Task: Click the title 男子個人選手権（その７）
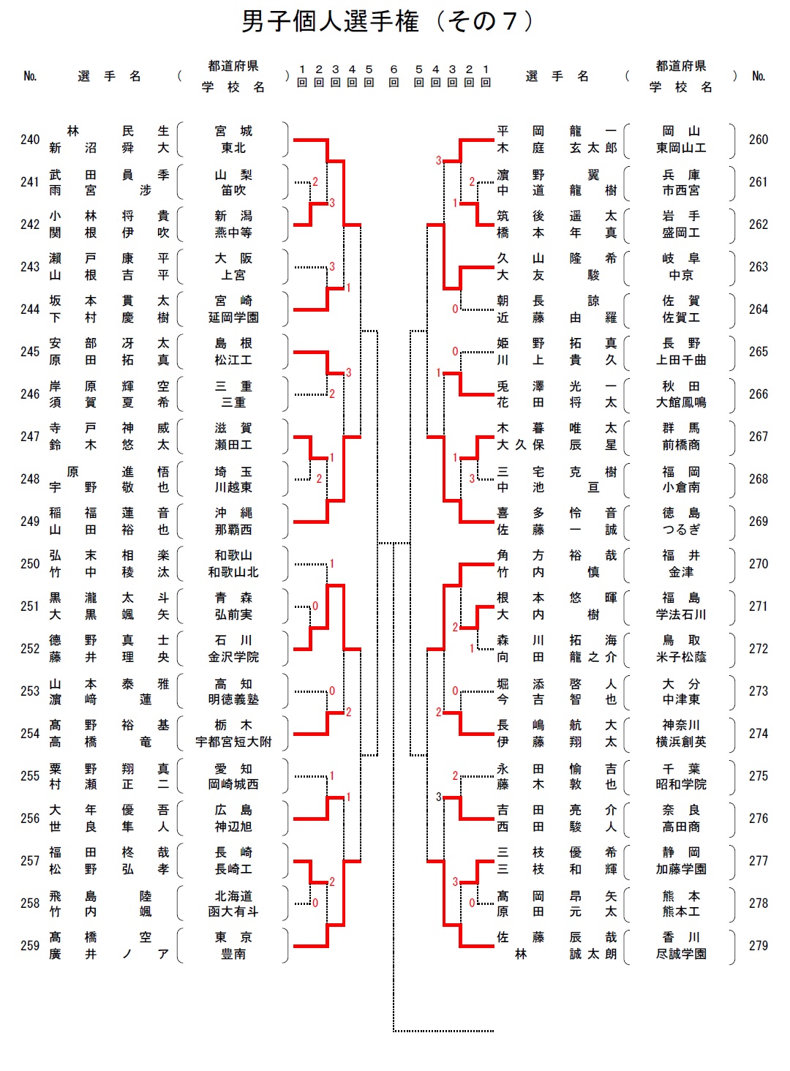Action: pos(388,21)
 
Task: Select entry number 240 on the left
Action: pos(30,140)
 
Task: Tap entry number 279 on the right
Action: pos(759,945)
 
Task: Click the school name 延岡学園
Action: pos(233,317)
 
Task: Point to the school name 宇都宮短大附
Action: pos(233,742)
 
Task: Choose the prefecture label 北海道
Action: pos(233,895)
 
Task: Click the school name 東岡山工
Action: pos(681,148)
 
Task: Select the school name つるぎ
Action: pos(681,530)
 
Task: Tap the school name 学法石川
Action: pos(681,615)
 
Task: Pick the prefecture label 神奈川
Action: pos(681,725)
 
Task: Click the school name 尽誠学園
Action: pos(681,954)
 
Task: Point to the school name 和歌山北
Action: pos(233,572)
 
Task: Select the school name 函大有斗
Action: pos(233,912)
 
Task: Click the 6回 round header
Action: pos(394,76)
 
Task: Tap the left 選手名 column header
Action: pos(110,76)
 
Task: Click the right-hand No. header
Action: pos(759,76)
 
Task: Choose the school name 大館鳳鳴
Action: pos(681,402)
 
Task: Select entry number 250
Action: pos(30,564)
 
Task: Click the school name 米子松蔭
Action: pos(681,657)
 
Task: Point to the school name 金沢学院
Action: pos(233,657)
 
